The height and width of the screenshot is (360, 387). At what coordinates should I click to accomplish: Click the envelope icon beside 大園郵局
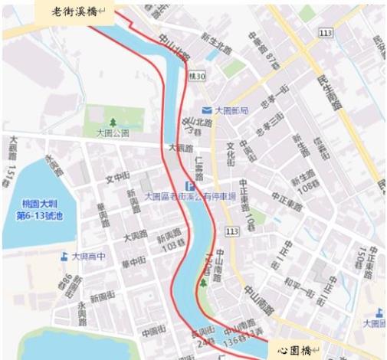pos(205,110)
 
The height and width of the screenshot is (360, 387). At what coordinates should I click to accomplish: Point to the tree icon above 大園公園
pos(113,122)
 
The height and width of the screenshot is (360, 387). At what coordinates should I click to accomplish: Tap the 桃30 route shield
pos(197,77)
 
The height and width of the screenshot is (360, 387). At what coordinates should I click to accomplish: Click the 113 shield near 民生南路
pos(327,33)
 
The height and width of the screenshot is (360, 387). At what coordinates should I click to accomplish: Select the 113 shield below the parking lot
pos(232,231)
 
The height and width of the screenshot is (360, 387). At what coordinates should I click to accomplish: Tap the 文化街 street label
pos(230,152)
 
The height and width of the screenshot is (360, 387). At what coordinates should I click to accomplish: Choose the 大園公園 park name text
pos(112,133)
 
